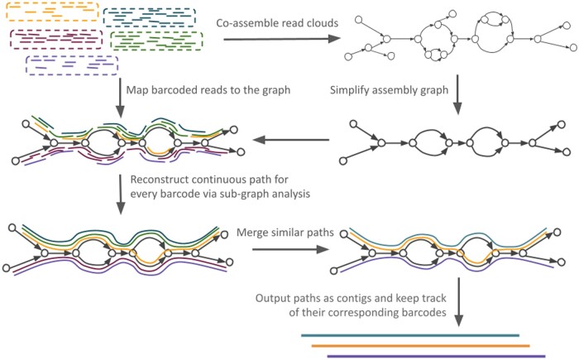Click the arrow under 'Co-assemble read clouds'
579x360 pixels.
[282, 38]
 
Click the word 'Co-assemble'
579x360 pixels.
[246, 23]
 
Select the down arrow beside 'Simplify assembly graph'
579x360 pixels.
[457, 94]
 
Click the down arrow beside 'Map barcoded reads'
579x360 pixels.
[120, 98]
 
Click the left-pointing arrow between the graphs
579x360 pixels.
[291, 140]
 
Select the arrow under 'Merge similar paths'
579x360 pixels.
[290, 249]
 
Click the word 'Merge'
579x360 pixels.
[251, 233]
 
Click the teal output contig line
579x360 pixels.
[410, 336]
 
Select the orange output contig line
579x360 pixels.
[420, 346]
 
